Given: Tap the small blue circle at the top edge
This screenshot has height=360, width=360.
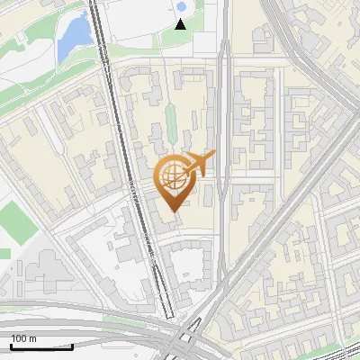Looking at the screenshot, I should click(x=181, y=7).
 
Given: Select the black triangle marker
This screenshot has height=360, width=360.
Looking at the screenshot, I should click(x=181, y=23).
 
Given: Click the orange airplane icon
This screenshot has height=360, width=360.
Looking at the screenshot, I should click(x=200, y=165).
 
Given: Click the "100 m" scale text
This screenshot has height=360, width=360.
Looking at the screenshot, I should click(x=24, y=338).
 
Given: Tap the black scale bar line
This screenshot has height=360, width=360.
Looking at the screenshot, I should click(x=41, y=346).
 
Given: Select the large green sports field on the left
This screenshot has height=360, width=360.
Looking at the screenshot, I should click(x=16, y=221).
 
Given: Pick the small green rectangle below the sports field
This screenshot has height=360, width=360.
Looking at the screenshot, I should click(x=4, y=253).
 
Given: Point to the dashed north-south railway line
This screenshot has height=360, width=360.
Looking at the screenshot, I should click(x=135, y=180).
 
